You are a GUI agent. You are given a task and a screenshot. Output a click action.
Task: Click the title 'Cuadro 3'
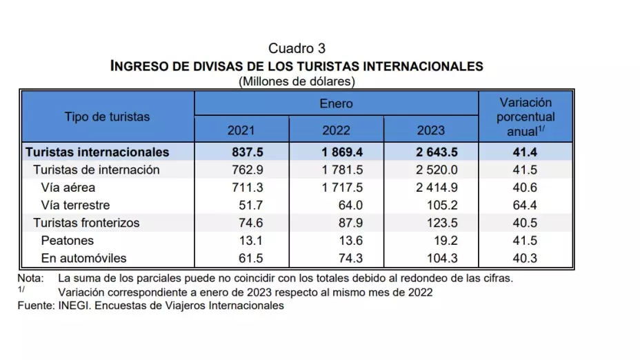tap(297, 48)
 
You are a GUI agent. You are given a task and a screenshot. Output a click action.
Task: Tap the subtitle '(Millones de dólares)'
tap(297, 81)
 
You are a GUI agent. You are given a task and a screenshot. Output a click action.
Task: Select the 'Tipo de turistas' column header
tap(107, 117)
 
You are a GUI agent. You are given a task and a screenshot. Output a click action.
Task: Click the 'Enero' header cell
tap(336, 103)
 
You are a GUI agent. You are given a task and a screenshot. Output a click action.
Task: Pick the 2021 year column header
tap(241, 130)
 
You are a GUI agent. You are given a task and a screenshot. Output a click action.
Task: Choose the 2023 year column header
tap(431, 130)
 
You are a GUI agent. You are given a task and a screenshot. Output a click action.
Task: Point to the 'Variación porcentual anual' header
tap(526, 117)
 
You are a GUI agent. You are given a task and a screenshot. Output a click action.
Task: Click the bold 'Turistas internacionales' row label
tap(97, 152)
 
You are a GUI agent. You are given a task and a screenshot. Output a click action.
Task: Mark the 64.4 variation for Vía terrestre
tap(526, 206)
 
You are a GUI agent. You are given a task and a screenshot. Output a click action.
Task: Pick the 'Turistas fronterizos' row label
tap(87, 223)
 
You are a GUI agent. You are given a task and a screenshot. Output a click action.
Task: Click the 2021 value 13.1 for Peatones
tap(251, 241)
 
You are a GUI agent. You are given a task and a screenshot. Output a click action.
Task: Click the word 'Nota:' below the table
tap(30, 279)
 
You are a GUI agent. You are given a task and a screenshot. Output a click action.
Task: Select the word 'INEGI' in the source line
tap(76, 306)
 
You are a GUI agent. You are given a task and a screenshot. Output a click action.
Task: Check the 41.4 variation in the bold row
tap(526, 152)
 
